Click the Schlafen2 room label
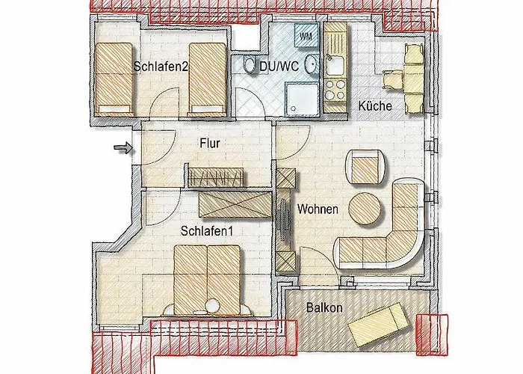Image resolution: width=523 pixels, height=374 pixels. [161, 67]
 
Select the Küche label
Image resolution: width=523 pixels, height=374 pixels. [375, 106]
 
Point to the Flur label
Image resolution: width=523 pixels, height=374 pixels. [210, 144]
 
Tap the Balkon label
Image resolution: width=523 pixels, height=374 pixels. [324, 307]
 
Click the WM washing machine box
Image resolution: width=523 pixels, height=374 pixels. [306, 35]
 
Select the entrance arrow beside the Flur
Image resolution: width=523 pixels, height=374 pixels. [120, 149]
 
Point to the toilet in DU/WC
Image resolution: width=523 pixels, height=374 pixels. [247, 66]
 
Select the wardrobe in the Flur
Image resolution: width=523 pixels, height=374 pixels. [216, 177]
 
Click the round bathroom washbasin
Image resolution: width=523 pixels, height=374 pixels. [312, 67]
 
